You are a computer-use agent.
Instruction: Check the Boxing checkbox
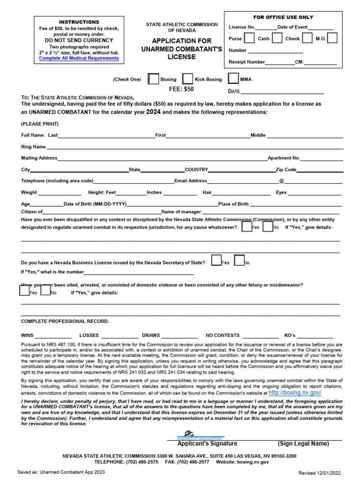pos(153,79)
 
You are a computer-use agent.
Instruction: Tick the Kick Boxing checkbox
pos(187,79)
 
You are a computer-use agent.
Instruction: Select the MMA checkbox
pos(233,79)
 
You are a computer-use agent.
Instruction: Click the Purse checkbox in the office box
pos(249,38)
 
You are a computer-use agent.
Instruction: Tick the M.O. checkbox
pos(332,38)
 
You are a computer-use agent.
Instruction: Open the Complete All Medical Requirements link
pos(79,59)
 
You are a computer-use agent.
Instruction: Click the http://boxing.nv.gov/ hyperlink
pos(295,392)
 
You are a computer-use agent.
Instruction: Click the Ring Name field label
pos(33,147)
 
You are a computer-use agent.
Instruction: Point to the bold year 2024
pos(153,112)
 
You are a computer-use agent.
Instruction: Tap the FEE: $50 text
pos(181,89)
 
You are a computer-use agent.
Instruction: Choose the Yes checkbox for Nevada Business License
pos(216,260)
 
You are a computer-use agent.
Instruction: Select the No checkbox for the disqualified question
pos(268,227)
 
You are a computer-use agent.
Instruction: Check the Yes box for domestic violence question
pos(24,291)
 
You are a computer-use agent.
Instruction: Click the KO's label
pos(290,336)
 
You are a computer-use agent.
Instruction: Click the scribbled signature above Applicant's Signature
pos(189,433)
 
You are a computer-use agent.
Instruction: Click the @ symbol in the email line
pos(282,180)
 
